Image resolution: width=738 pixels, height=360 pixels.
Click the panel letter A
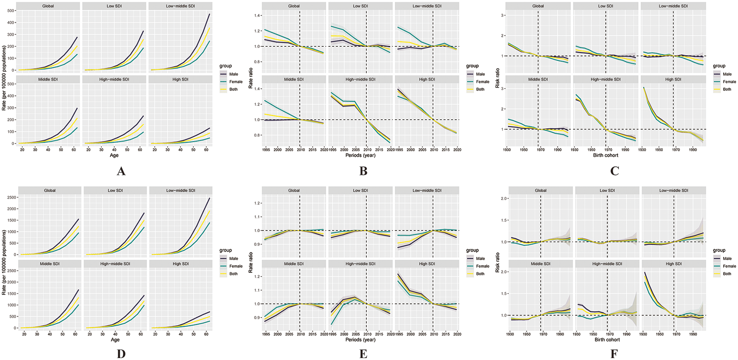pos(121,171)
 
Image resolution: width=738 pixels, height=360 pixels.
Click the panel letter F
pos(614,354)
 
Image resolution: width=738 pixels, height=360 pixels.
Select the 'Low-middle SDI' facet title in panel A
pos(181,6)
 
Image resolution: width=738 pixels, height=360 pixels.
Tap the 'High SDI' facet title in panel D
pos(181,264)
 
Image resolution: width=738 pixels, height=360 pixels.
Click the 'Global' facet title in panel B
pos(294,6)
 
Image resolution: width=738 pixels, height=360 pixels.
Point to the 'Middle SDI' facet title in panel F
pos(540,264)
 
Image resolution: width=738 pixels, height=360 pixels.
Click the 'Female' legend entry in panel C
pos(729,82)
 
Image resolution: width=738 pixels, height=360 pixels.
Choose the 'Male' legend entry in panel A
pos(234,74)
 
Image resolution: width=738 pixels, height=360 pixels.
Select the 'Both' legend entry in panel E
pos(480,274)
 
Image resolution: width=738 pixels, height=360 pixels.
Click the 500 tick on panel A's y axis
pos(11,11)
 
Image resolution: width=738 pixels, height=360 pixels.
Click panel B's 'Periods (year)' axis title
pos(360,155)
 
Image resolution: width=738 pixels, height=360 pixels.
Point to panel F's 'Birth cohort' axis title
pos(607,340)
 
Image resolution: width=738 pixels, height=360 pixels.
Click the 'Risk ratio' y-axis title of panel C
pos(497,78)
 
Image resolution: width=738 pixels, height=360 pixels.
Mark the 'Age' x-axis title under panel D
pos(115,340)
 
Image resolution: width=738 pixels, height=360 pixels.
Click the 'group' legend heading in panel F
pos(719,250)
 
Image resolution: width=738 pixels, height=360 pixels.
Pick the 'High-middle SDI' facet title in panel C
pos(605,79)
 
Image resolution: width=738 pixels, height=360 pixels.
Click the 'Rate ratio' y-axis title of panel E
pos(251,262)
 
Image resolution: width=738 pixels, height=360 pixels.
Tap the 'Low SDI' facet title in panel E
pos(360,191)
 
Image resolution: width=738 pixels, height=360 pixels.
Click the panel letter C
pos(614,171)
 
